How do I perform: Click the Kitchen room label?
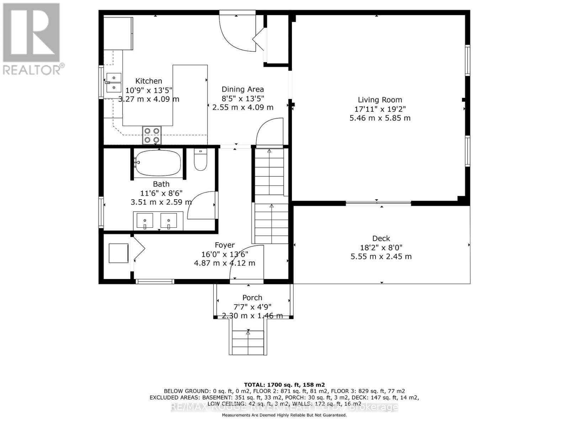tap(149, 81)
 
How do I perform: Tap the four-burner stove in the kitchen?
tap(152, 135)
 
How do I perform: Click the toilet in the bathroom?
tap(200, 160)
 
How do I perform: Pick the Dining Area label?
tap(243, 89)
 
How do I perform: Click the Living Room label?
tap(380, 100)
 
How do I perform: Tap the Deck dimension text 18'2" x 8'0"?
tap(381, 248)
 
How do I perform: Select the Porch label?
tap(252, 297)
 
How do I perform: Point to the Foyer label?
tap(224, 245)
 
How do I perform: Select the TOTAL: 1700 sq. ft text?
tap(284, 385)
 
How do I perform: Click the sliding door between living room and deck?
tap(378, 204)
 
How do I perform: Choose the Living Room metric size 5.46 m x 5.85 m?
tap(380, 118)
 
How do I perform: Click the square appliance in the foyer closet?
tap(118, 253)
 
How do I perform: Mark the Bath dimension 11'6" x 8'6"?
tap(161, 193)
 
